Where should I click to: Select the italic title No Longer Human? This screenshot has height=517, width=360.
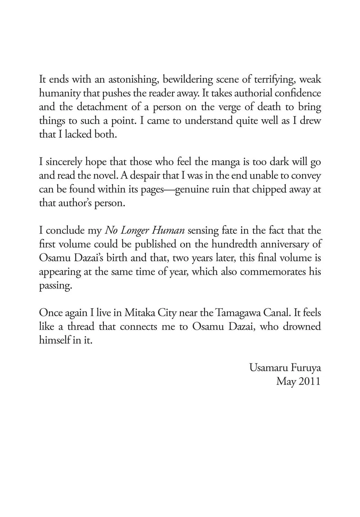coord(145,231)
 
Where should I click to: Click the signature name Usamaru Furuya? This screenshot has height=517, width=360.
coord(285,368)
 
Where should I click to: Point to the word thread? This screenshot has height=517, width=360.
coord(80,327)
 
